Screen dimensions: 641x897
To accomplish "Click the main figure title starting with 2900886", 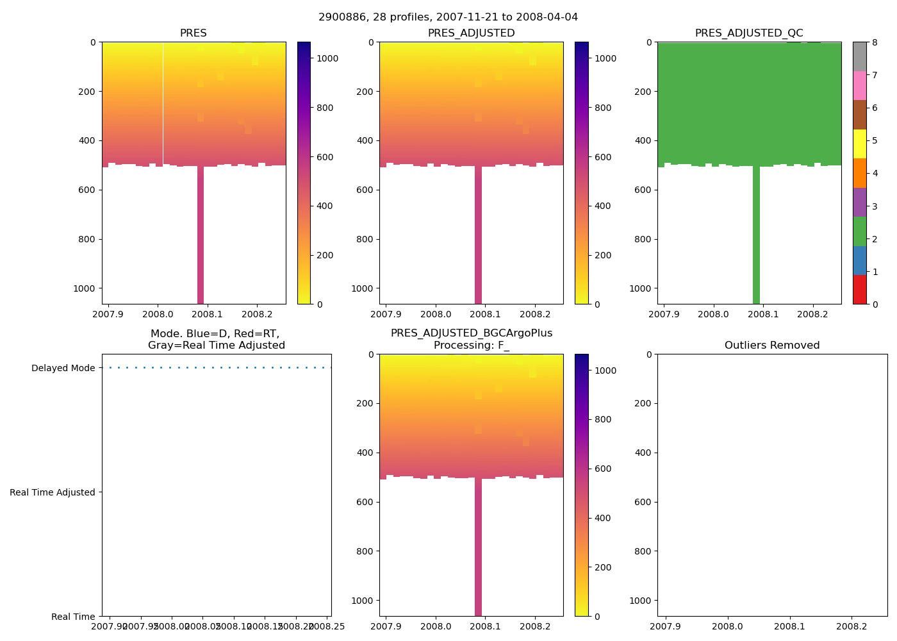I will click(x=448, y=17).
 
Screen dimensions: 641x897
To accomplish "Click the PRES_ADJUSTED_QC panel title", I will click(x=749, y=33).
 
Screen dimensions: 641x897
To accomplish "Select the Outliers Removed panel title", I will click(x=772, y=345).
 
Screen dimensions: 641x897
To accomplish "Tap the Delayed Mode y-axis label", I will click(x=63, y=369).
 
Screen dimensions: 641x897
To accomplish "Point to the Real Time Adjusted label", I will click(x=53, y=492).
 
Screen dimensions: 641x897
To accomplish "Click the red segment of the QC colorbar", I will click(x=859, y=290).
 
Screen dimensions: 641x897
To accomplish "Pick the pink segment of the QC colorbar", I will click(x=859, y=85).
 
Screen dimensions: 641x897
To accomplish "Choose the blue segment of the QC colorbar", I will click(x=859, y=260).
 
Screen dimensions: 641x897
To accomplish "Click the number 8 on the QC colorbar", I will click(x=873, y=42).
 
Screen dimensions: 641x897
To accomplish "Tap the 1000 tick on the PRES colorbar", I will click(x=327, y=58).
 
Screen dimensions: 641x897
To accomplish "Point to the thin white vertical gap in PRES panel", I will click(x=163, y=103).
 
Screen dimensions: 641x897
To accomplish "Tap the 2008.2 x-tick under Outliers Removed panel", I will click(x=852, y=626).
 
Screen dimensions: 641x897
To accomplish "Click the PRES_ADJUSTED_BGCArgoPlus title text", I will click(x=471, y=333).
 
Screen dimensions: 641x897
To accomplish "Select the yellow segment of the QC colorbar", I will click(x=859, y=144).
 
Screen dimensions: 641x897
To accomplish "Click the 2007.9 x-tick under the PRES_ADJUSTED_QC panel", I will click(x=664, y=314).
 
